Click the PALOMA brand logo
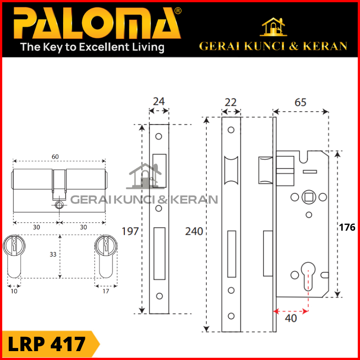pyautogui.click(x=97, y=23)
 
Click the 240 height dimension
pyautogui.click(x=194, y=232)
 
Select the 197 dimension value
pyautogui.click(x=130, y=231)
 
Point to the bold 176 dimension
pyautogui.click(x=347, y=227)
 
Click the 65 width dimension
pyautogui.click(x=300, y=102)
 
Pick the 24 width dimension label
pyautogui.click(x=159, y=101)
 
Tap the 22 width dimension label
pyautogui.click(x=231, y=102)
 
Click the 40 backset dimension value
pyautogui.click(x=291, y=318)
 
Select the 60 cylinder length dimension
pyautogui.click(x=55, y=156)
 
